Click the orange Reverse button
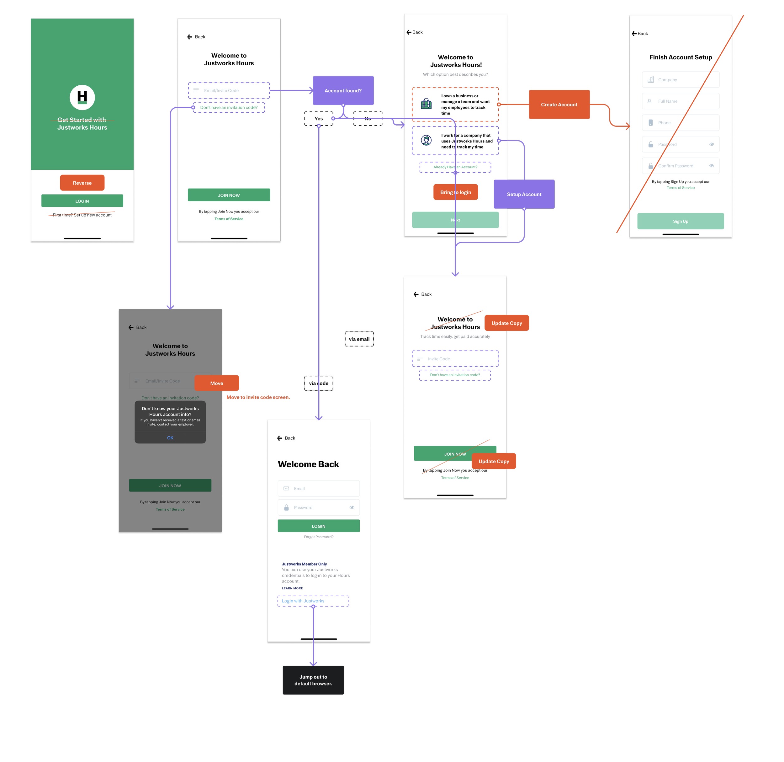[x=82, y=183]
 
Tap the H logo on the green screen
[x=82, y=97]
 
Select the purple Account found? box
[x=343, y=91]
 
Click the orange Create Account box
[x=559, y=105]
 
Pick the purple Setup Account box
[x=524, y=194]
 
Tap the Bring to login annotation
[x=455, y=192]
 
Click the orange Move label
[x=216, y=383]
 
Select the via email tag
[x=359, y=339]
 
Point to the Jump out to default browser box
[x=313, y=680]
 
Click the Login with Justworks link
[x=303, y=601]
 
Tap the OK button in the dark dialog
[x=170, y=438]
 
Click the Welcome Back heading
[x=308, y=464]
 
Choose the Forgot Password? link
[x=318, y=537]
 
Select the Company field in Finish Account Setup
[x=681, y=80]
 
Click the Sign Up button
[x=681, y=221]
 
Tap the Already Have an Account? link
[x=455, y=167]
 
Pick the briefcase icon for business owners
[x=426, y=104]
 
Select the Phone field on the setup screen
[x=681, y=123]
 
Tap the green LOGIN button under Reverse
[x=82, y=201]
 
